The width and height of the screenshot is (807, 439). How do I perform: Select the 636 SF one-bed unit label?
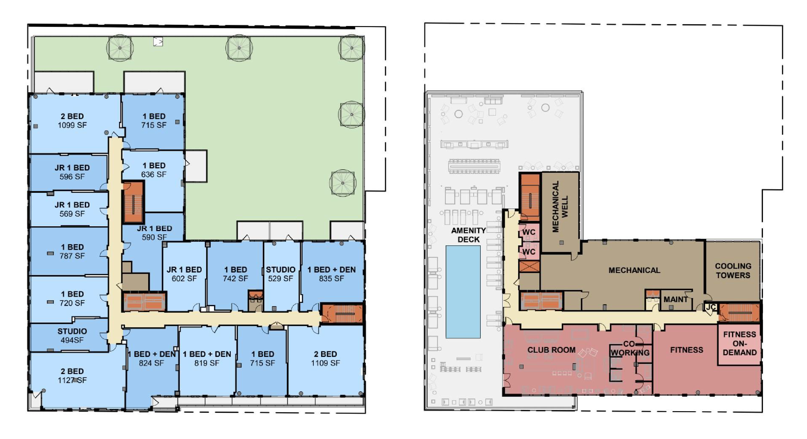pos(154,170)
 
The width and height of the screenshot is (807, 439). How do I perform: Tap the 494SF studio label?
pos(72,336)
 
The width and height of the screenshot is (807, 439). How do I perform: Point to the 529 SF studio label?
pos(280,274)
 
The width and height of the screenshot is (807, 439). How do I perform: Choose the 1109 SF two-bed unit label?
pos(326,359)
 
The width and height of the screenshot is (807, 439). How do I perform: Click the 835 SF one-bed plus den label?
pos(331,274)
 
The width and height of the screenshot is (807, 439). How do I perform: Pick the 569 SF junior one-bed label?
pos(72,209)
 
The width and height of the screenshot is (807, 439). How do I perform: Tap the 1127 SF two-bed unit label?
pos(72,376)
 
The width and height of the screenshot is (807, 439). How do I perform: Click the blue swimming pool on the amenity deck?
pos(463,292)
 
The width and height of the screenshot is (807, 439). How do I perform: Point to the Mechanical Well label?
pos(560,206)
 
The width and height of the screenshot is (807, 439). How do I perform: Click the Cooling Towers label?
pos(733,271)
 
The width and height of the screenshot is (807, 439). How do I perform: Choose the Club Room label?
pos(551,350)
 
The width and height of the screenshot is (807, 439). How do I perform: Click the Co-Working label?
pos(630,348)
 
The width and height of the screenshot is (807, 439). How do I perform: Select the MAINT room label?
pos(675,300)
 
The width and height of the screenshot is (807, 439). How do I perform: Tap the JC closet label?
pos(711,307)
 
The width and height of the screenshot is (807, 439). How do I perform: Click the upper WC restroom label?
pos(529,232)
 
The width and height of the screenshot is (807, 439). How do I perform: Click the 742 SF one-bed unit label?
pos(235,274)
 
